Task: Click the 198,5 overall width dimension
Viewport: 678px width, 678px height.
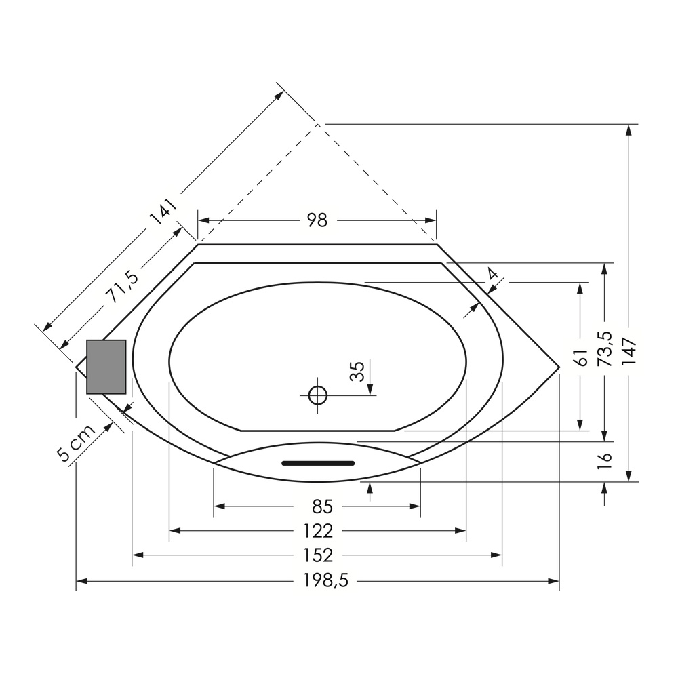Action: [x=325, y=581]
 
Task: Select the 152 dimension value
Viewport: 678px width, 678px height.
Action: [x=318, y=555]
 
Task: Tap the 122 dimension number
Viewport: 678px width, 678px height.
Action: [x=318, y=531]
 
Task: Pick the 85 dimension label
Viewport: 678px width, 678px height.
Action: [x=322, y=506]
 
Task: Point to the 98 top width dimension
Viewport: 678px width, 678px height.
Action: [x=317, y=220]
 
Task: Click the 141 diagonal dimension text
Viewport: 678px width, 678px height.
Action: [x=163, y=212]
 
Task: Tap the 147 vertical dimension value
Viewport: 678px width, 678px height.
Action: [x=629, y=351]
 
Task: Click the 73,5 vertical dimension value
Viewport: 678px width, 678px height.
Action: [x=605, y=348]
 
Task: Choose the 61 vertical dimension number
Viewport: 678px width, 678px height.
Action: [x=582, y=357]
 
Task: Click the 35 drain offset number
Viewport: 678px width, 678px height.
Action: [x=357, y=371]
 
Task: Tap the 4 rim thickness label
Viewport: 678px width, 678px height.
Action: [x=492, y=274]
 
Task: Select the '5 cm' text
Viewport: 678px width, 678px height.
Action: [x=76, y=443]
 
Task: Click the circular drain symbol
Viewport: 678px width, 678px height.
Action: [x=318, y=395]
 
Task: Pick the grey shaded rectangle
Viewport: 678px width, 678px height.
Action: [x=106, y=367]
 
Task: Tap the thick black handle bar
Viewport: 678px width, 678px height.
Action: [x=318, y=464]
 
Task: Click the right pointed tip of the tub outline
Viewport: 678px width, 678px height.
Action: [x=559, y=367]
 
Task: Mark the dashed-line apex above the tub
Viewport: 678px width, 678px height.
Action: [x=317, y=125]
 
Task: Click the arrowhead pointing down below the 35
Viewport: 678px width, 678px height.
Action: [x=371, y=389]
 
